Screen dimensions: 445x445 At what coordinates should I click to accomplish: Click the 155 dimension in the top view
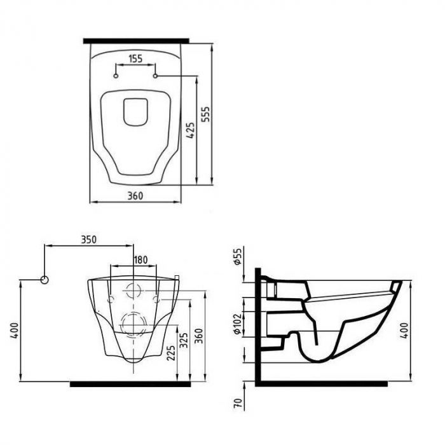[x=135, y=58]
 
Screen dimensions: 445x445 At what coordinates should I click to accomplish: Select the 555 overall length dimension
[x=206, y=114]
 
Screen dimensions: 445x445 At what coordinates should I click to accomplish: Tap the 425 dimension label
[x=191, y=130]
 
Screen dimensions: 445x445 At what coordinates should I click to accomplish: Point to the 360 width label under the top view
[x=135, y=196]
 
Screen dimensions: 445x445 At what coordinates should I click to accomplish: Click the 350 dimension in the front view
[x=89, y=240]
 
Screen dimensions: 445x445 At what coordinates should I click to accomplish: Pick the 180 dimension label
[x=140, y=259]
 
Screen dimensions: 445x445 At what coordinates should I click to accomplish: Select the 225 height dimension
[x=171, y=353]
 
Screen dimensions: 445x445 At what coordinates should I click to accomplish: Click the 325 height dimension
[x=184, y=341]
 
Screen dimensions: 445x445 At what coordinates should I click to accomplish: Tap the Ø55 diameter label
[x=238, y=256]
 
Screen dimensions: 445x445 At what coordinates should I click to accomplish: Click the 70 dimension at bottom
[x=238, y=403]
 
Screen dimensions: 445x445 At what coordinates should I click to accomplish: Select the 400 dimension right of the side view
[x=405, y=330]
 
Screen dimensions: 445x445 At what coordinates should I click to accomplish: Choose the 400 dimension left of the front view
[x=15, y=331]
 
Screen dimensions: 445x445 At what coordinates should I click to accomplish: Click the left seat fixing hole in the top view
[x=116, y=76]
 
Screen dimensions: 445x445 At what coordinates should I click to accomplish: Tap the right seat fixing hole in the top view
[x=156, y=76]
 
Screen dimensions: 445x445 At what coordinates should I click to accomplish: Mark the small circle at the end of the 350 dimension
[x=44, y=280]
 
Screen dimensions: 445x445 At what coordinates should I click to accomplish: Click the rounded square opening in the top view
[x=136, y=112]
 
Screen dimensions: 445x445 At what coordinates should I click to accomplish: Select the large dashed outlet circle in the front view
[x=133, y=325]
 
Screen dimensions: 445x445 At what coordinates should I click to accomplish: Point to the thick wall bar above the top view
[x=136, y=41]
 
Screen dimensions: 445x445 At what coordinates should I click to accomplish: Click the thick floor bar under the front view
[x=130, y=384]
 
